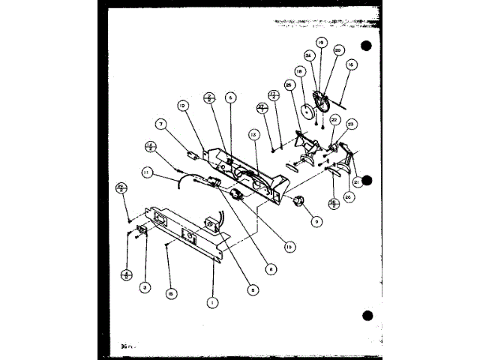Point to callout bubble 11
pyautogui.click(x=147, y=173)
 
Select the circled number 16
pyautogui.click(x=349, y=66)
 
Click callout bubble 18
pyautogui.click(x=298, y=72)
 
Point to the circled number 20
pyautogui.click(x=338, y=50)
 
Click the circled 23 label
pyautogui.click(x=350, y=124)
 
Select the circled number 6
pyautogui.click(x=230, y=97)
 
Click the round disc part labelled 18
pyautogui.click(x=306, y=112)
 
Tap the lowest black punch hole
pyautogui.click(x=367, y=315)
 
